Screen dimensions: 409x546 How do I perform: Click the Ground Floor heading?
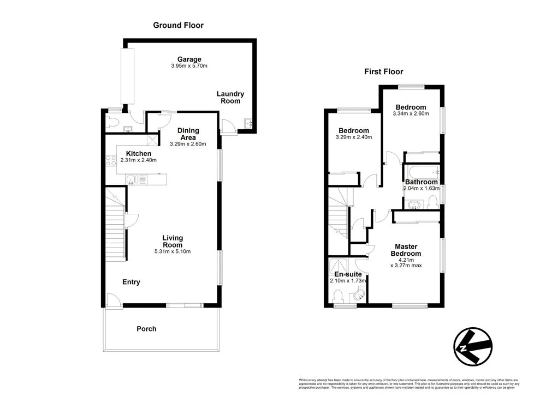point(178,25)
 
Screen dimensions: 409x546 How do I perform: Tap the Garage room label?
point(189,59)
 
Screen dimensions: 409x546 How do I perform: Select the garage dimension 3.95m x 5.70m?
point(189,66)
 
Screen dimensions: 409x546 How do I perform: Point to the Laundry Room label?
point(230,98)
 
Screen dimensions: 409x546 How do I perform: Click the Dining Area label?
point(188,134)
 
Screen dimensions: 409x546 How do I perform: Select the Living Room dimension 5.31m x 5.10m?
point(173,251)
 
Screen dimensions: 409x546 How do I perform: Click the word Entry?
point(131,282)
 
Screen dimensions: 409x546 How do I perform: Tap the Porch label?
point(146,329)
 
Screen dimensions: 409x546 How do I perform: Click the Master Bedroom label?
point(407,250)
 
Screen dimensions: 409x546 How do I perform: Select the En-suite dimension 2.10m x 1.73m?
point(348,281)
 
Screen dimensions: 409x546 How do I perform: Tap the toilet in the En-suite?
point(337,297)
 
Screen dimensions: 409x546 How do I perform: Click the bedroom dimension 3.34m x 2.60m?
point(411,114)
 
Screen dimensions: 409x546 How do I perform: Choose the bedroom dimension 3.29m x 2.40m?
point(353,137)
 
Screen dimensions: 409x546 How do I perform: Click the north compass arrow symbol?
point(473,346)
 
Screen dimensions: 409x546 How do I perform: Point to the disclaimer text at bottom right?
point(408,383)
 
